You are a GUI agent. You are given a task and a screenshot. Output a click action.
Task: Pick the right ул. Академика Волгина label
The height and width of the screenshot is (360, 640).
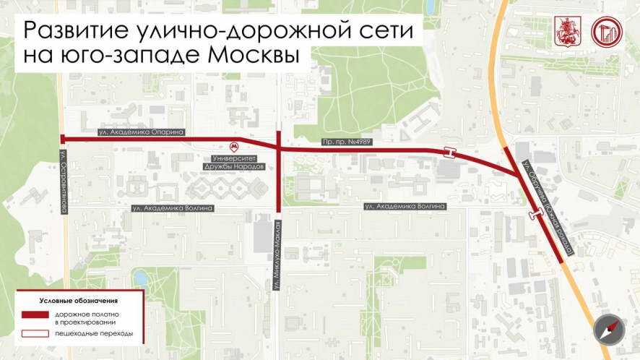tap(406, 206)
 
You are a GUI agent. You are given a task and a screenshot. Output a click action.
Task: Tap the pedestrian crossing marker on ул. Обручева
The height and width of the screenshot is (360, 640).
tap(536, 213)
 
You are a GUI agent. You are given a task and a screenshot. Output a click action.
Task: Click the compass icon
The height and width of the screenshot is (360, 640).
tap(607, 330)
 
